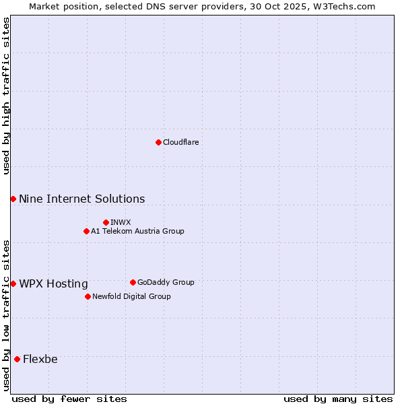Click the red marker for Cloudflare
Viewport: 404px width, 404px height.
point(158,142)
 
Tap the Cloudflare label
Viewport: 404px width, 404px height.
point(180,142)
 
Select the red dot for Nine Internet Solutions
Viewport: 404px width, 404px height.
point(13,199)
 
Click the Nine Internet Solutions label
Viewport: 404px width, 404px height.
point(81,199)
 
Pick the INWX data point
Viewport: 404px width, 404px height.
point(106,222)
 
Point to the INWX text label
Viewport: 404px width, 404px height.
point(121,222)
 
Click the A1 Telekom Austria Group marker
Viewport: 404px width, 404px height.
point(86,231)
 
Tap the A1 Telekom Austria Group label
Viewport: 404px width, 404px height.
point(137,231)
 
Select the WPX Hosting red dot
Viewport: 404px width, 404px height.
point(13,283)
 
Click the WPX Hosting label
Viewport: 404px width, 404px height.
point(53,283)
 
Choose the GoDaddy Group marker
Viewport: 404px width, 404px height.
point(133,282)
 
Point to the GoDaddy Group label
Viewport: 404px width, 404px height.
point(166,282)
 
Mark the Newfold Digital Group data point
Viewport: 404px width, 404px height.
point(88,296)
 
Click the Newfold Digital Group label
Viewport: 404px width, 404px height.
point(131,296)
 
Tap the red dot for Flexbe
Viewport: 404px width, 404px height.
point(17,359)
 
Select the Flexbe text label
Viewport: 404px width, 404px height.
point(40,359)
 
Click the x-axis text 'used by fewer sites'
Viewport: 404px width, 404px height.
point(69,399)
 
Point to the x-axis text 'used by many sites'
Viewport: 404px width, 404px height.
point(338,399)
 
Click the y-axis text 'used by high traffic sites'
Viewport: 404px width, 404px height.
point(7,96)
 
